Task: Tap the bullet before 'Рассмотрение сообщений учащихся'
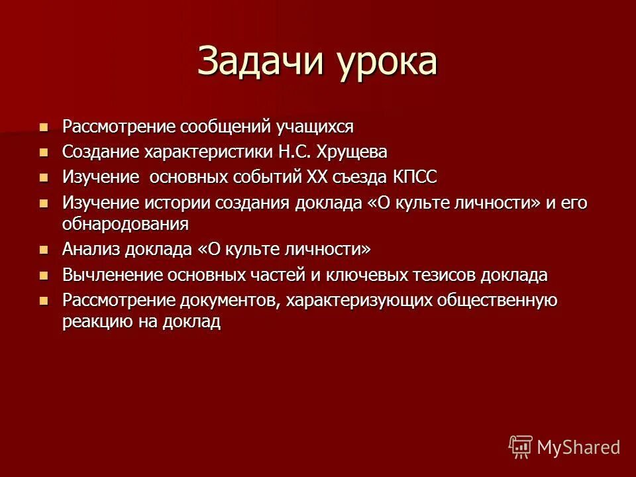pos(44,126)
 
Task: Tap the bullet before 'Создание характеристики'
pos(44,152)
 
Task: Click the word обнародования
pos(125,224)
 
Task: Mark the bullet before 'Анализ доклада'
pos(44,250)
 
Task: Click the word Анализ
pos(89,250)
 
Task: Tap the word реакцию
pos(92,322)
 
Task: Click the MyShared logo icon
pos(520,447)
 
